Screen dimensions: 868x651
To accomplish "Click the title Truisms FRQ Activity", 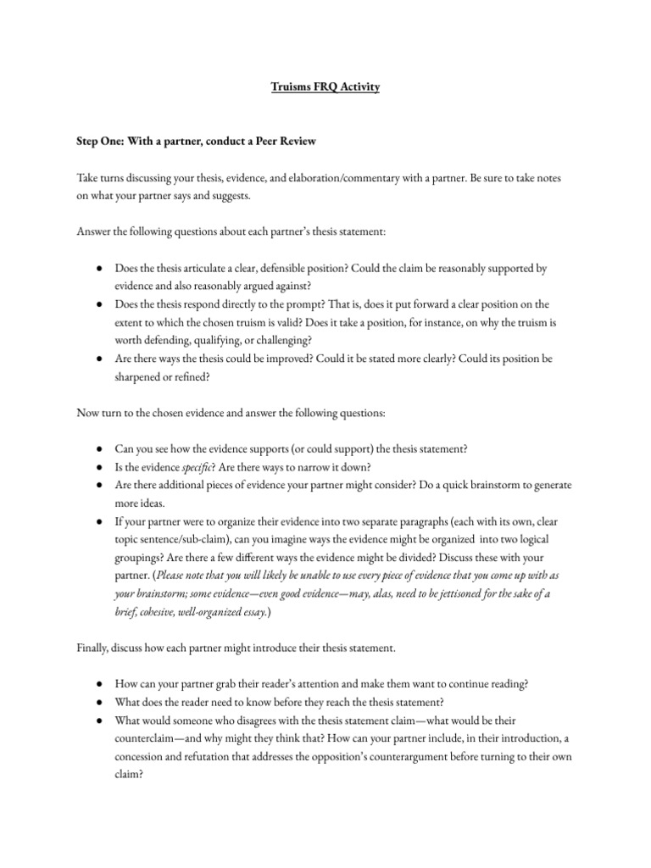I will [325, 87].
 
